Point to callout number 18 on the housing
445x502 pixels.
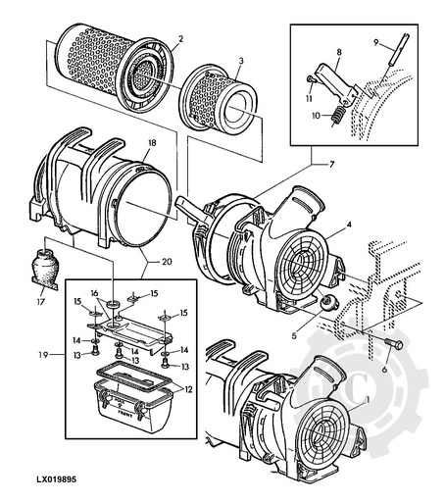(x=150, y=142)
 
